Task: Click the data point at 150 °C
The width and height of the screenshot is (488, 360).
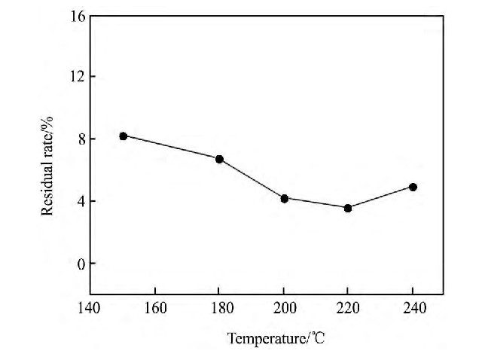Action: (123, 136)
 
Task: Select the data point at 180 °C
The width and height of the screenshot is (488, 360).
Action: (219, 159)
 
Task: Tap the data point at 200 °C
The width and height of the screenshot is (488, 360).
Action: (284, 198)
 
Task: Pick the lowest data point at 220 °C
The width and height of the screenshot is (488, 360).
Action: (348, 208)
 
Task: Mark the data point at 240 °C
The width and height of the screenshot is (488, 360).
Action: (413, 187)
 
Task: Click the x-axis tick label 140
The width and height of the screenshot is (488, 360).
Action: (90, 308)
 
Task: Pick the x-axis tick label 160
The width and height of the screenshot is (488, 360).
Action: (154, 308)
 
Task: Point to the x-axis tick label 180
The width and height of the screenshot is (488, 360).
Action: (219, 308)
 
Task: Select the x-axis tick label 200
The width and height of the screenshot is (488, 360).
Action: (284, 308)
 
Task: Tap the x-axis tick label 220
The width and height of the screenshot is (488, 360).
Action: (348, 308)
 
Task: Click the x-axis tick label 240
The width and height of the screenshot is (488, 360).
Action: (413, 308)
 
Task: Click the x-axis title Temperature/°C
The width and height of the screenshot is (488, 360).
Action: (276, 339)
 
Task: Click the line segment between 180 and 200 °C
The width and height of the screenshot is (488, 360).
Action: (252, 178)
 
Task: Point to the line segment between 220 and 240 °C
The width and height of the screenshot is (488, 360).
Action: (380, 197)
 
